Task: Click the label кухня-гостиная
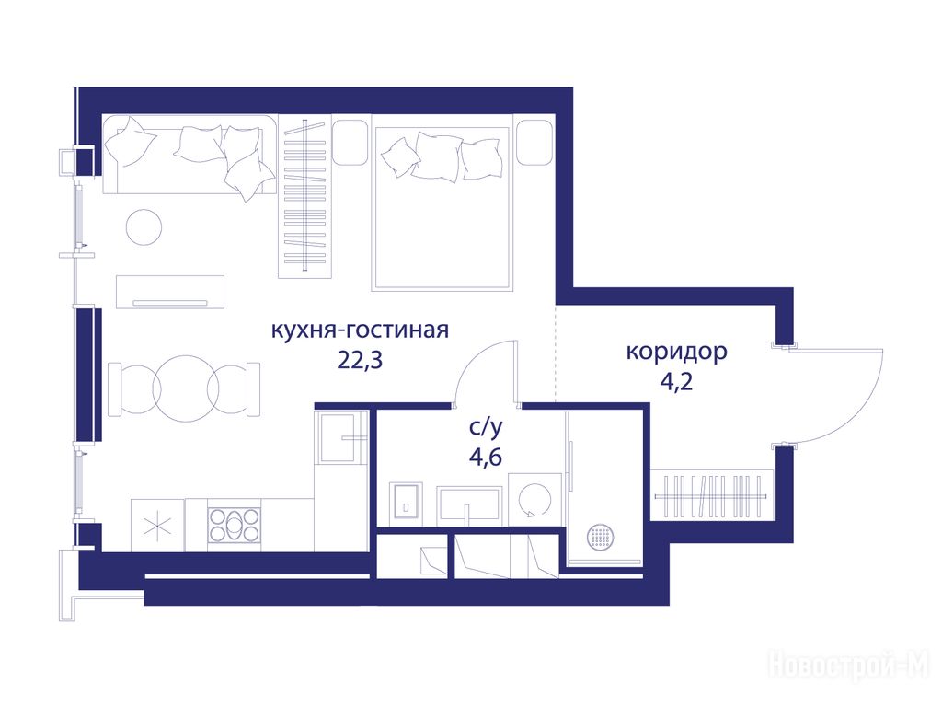360,330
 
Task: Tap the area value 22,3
360,360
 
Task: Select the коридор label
676,353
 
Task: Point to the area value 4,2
676,381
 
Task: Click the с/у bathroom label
486,427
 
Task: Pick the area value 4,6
486,458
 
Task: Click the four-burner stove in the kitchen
235,525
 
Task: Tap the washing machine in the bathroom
535,500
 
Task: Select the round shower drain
601,537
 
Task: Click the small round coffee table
144,226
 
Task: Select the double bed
442,203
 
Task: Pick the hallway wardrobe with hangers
710,496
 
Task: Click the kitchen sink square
341,437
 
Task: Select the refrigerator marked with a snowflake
157,526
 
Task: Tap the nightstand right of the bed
534,143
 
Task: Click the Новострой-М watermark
849,666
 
